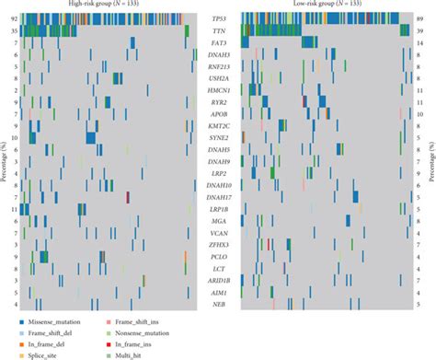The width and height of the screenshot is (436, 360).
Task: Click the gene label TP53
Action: coord(218,18)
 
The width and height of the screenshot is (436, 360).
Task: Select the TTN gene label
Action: coord(218,30)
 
